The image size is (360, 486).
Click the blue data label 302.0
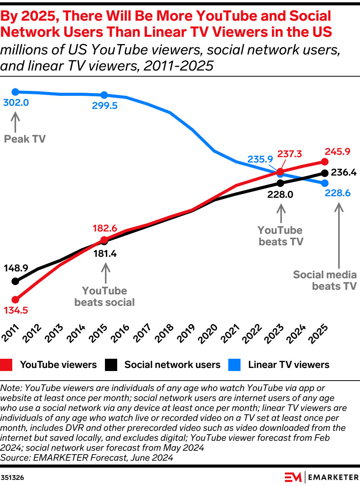click(16, 103)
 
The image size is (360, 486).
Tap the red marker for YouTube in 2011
click(15, 299)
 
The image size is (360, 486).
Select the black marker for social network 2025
click(325, 173)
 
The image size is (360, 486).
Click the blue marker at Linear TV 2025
click(325, 183)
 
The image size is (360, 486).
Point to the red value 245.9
click(338, 152)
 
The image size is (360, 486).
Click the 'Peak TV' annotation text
click(25, 139)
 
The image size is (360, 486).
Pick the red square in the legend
click(7, 365)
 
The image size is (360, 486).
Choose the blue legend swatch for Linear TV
click(234, 365)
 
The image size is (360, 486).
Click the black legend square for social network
click(111, 365)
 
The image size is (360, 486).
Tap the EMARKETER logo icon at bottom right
click(293, 477)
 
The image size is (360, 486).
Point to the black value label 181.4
click(105, 253)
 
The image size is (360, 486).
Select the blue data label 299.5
click(105, 106)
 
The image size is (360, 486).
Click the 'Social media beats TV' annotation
click(325, 280)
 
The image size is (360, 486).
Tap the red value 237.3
click(290, 154)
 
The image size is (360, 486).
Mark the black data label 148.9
click(16, 268)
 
